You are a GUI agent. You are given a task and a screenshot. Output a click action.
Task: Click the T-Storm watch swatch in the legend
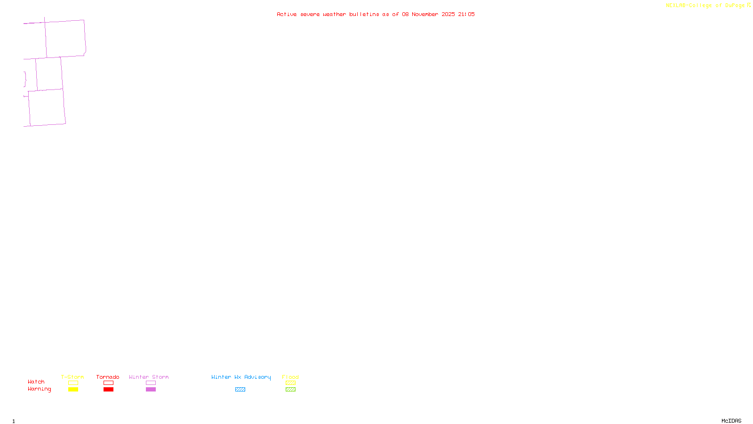click(x=73, y=383)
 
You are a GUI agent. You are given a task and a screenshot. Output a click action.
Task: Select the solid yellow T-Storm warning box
click(x=73, y=390)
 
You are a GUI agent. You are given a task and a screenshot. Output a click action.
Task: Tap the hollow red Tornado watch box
click(x=108, y=383)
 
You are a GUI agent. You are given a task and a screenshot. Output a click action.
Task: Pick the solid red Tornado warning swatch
click(x=108, y=390)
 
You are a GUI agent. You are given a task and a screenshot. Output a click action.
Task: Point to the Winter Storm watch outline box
click(x=151, y=383)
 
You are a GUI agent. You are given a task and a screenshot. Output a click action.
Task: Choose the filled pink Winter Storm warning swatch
click(x=151, y=390)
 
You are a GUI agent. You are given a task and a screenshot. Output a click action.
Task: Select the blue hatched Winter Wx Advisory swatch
click(x=240, y=390)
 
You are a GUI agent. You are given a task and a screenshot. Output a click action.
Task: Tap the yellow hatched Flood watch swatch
click(x=290, y=383)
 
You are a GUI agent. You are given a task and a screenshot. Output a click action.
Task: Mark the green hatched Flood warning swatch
click(x=290, y=390)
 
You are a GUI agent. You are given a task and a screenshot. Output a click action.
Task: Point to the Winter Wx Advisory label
click(x=241, y=377)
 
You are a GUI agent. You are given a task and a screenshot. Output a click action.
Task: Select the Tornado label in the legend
click(x=108, y=377)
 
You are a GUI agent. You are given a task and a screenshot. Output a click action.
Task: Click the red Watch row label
click(x=36, y=382)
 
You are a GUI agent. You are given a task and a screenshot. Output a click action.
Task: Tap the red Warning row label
click(x=40, y=389)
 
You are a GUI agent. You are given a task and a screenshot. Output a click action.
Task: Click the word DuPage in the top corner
click(x=735, y=6)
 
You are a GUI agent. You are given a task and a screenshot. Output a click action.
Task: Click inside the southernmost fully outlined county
click(x=47, y=107)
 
